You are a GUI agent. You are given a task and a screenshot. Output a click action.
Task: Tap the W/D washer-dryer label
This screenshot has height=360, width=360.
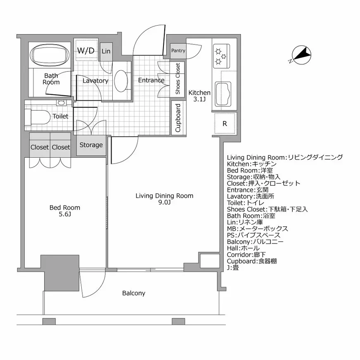pyautogui.click(x=86, y=51)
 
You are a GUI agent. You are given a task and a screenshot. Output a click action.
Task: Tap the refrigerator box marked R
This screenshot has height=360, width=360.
pyautogui.click(x=225, y=123)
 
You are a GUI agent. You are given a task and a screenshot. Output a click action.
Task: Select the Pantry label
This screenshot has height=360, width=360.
pyautogui.click(x=178, y=51)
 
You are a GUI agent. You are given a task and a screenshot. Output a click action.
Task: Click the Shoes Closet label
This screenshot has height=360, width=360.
pyautogui.click(x=178, y=79)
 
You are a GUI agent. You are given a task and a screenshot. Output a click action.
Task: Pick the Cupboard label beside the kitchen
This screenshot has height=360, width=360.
pyautogui.click(x=178, y=118)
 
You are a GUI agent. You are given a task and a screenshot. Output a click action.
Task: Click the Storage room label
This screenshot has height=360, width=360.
pyautogui.click(x=91, y=145)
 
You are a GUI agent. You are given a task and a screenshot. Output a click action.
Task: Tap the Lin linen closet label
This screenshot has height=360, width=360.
pyautogui.click(x=106, y=51)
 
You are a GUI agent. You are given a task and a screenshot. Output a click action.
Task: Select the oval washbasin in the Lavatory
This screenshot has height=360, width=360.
pyautogui.click(x=121, y=81)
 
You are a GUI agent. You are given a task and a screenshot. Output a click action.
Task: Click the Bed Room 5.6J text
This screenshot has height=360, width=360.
pyautogui.click(x=64, y=211)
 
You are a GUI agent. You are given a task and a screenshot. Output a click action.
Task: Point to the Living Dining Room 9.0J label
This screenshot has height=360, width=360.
pyautogui.click(x=164, y=199)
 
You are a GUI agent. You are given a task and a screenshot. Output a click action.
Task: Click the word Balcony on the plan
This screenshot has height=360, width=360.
pyautogui.click(x=133, y=293)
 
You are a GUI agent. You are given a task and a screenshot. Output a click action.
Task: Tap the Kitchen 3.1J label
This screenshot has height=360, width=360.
pyautogui.click(x=199, y=96)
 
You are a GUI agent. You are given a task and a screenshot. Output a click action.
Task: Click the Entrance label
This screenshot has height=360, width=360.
pyautogui.click(x=151, y=81)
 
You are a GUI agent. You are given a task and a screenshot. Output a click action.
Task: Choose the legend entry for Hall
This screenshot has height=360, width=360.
pyautogui.click(x=243, y=248)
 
